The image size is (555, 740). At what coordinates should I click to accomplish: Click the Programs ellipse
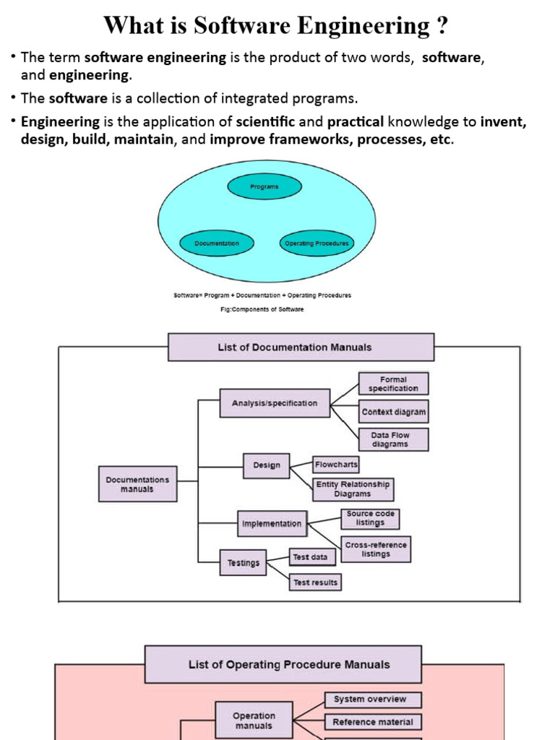pyautogui.click(x=264, y=186)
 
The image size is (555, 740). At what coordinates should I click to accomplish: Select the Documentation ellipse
pyautogui.click(x=217, y=244)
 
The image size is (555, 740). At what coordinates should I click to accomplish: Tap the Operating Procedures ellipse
pyautogui.click(x=317, y=244)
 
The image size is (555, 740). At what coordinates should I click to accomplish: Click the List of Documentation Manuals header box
pyautogui.click(x=301, y=347)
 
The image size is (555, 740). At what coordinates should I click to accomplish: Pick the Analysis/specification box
pyautogui.click(x=275, y=403)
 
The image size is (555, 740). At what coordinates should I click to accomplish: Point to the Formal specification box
pyautogui.click(x=393, y=384)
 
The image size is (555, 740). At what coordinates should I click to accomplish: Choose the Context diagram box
pyautogui.click(x=394, y=412)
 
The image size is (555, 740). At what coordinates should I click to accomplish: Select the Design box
pyautogui.click(x=267, y=465)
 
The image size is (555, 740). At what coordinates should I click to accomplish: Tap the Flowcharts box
pyautogui.click(x=336, y=465)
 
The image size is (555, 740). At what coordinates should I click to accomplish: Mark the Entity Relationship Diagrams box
pyautogui.click(x=353, y=489)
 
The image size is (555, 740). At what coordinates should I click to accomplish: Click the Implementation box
pyautogui.click(x=272, y=524)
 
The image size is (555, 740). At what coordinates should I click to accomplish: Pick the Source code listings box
pyautogui.click(x=370, y=518)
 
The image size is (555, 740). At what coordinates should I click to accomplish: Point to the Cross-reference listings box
pyautogui.click(x=376, y=549)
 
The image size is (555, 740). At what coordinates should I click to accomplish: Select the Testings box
pyautogui.click(x=244, y=563)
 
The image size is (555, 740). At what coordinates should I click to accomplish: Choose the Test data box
pyautogui.click(x=311, y=557)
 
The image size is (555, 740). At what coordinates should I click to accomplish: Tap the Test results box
pyautogui.click(x=316, y=582)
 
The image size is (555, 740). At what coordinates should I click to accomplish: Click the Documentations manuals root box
pyautogui.click(x=137, y=484)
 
